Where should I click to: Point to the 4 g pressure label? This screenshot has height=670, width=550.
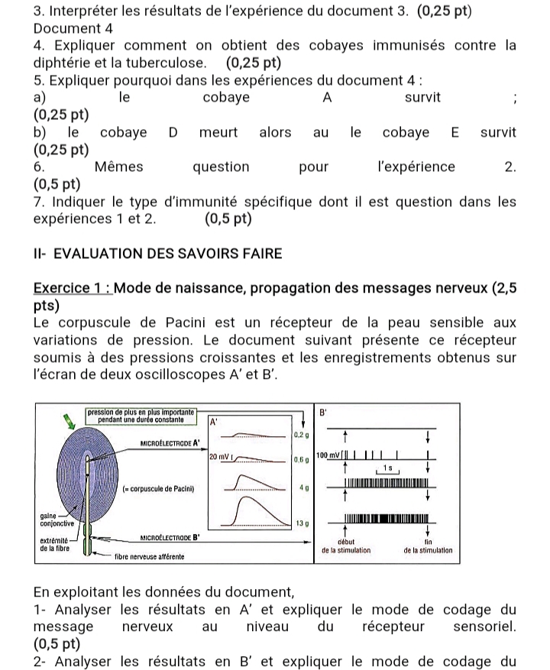click(x=303, y=487)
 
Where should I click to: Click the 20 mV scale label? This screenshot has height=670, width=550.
click(x=220, y=456)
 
